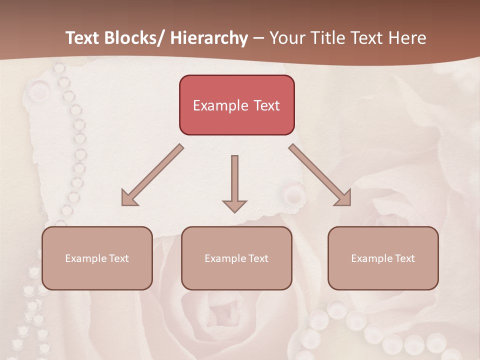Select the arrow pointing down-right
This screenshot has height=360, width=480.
[320, 175]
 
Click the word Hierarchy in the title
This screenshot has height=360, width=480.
[209, 38]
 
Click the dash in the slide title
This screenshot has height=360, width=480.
[258, 39]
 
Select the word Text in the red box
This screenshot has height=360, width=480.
[266, 105]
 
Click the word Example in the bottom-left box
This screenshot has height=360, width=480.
[85, 258]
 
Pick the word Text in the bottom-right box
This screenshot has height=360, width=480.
[405, 258]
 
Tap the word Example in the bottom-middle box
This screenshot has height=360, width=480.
[224, 258]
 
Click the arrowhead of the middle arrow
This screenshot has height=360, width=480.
[234, 205]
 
